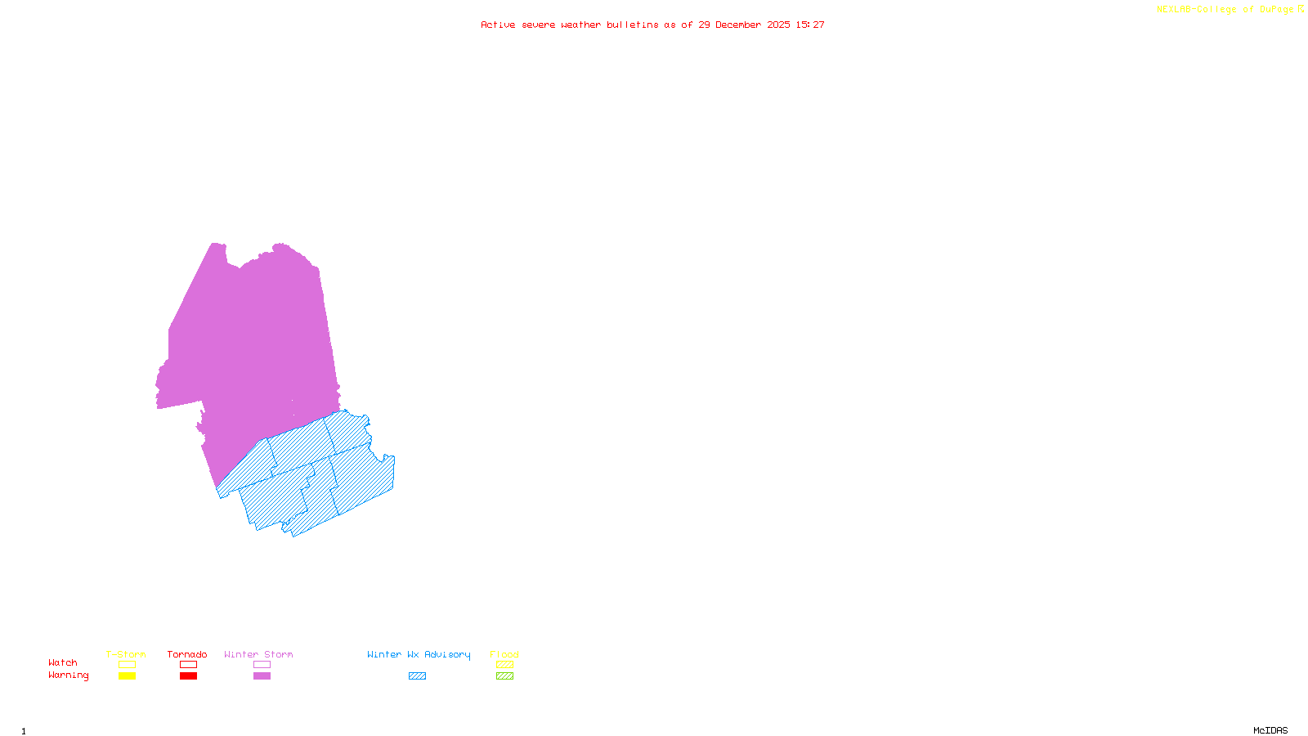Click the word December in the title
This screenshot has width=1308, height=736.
tap(737, 25)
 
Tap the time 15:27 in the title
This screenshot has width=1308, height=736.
tap(810, 25)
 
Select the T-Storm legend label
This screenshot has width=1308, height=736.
tap(126, 654)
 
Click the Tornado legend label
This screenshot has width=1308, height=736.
tap(187, 654)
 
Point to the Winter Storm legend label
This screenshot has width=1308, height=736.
tap(258, 654)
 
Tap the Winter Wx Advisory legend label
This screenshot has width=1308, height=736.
tap(419, 654)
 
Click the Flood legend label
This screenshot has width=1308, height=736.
tap(504, 654)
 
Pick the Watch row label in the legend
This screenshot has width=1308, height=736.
tap(63, 662)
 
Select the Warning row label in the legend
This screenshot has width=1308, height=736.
tap(69, 675)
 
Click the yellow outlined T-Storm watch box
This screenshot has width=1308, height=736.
tap(127, 665)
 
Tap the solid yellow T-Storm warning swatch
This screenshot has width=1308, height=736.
tap(127, 676)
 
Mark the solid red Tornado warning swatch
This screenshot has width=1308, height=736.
tap(189, 676)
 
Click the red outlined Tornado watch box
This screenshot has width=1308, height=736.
tap(189, 665)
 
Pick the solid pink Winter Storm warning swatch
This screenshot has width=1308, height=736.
tap(262, 676)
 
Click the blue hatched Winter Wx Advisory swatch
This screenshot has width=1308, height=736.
tap(417, 676)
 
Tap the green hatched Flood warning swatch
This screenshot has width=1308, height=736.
tap(505, 676)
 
